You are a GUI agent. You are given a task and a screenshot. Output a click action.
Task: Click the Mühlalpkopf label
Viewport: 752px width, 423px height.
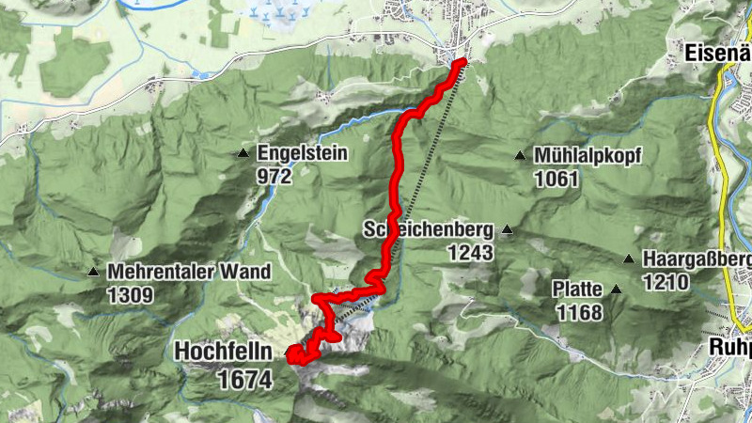click(x=587, y=156)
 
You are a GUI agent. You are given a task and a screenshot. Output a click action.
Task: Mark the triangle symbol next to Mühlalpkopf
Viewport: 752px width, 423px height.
click(x=519, y=156)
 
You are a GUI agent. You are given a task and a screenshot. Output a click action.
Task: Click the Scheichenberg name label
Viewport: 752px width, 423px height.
click(x=428, y=229)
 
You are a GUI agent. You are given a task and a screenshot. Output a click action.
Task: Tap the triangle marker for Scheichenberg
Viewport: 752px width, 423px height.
click(x=508, y=229)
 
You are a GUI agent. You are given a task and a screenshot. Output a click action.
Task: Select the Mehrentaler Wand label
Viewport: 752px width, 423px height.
click(x=189, y=273)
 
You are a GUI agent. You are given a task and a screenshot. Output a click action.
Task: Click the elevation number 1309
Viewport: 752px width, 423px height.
click(x=131, y=294)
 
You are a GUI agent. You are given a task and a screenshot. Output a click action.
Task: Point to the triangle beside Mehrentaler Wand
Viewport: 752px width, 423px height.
click(x=93, y=273)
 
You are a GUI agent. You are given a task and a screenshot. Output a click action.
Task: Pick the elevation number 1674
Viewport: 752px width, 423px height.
click(x=243, y=379)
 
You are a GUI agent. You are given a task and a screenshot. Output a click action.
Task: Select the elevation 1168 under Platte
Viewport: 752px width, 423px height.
click(x=579, y=311)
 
